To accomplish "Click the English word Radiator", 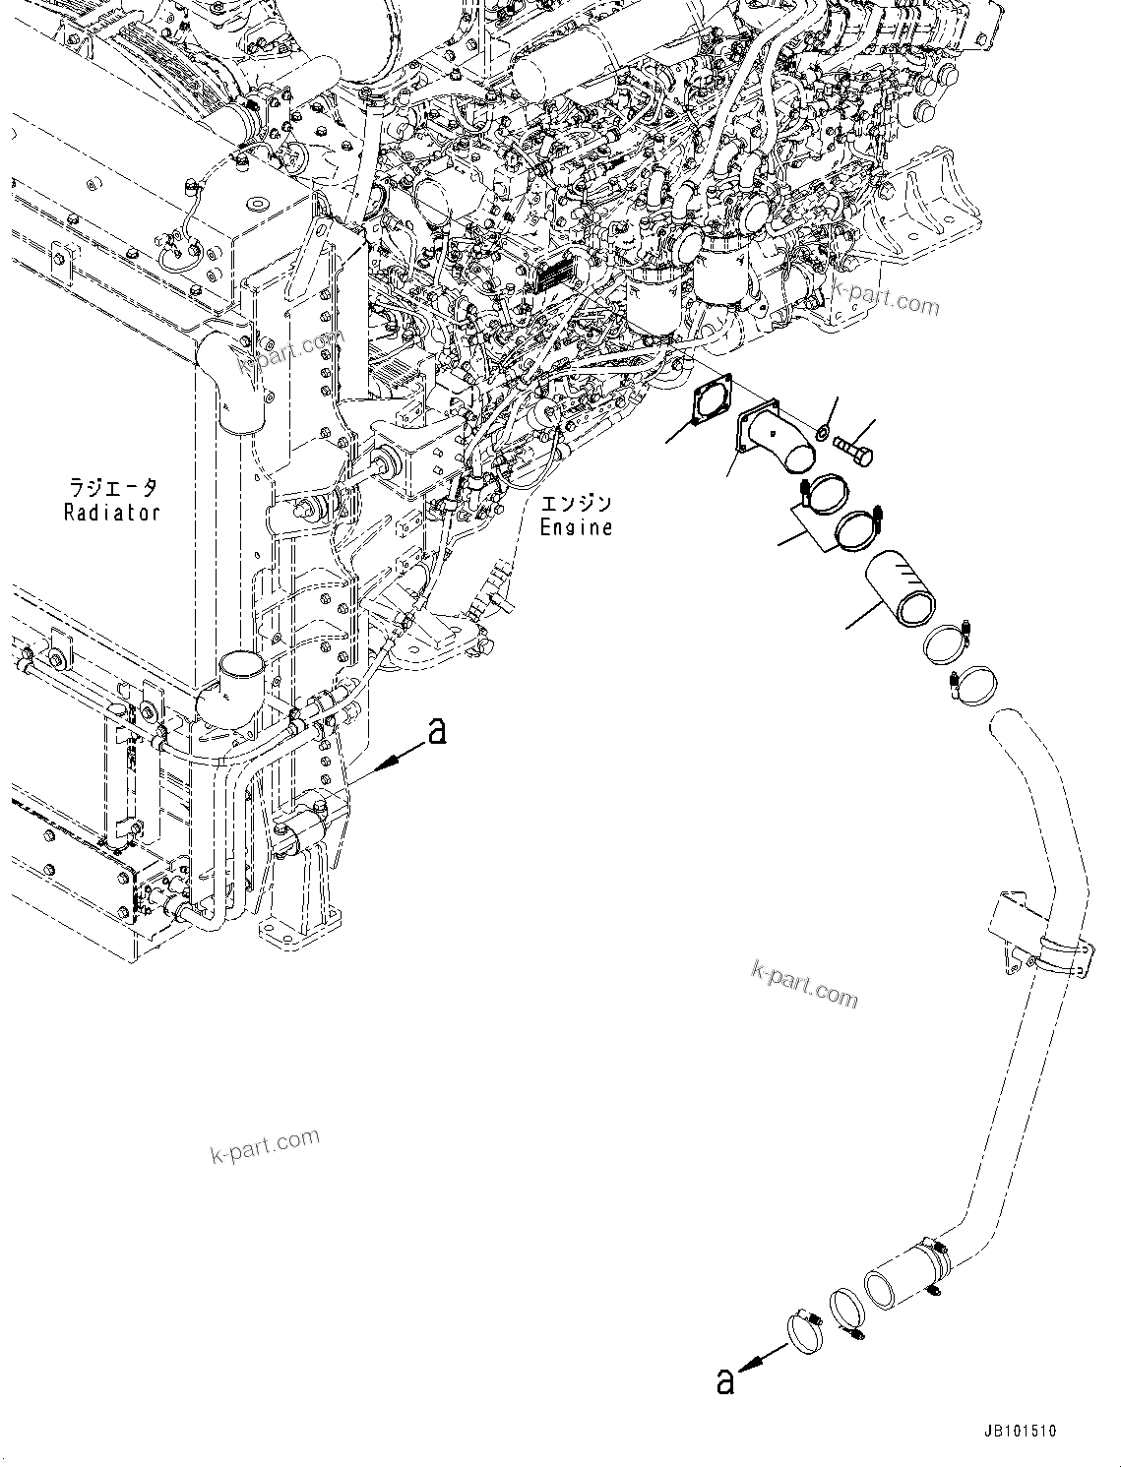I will pyautogui.click(x=111, y=513).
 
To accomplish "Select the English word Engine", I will pyautogui.click(x=576, y=528).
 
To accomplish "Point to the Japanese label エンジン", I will pyautogui.click(x=576, y=504).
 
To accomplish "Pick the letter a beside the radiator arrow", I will pyautogui.click(x=436, y=731).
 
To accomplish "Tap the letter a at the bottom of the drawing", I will pyautogui.click(x=725, y=1382).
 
